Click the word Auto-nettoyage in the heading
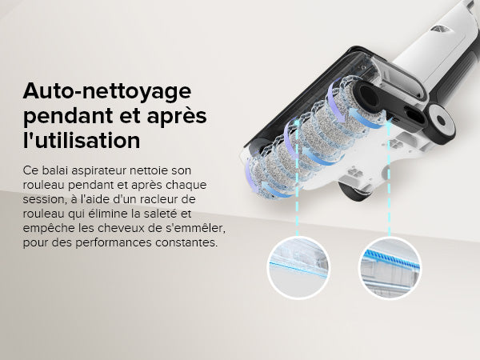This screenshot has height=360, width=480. (x=102, y=90)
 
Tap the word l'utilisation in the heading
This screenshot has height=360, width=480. (x=82, y=139)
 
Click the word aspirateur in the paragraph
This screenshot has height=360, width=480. (x=100, y=170)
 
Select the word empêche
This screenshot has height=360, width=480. (x=47, y=227)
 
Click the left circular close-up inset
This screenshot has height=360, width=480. (x=298, y=266)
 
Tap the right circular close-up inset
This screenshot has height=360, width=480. (x=390, y=266)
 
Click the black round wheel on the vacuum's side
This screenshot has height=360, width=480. (x=441, y=122)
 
